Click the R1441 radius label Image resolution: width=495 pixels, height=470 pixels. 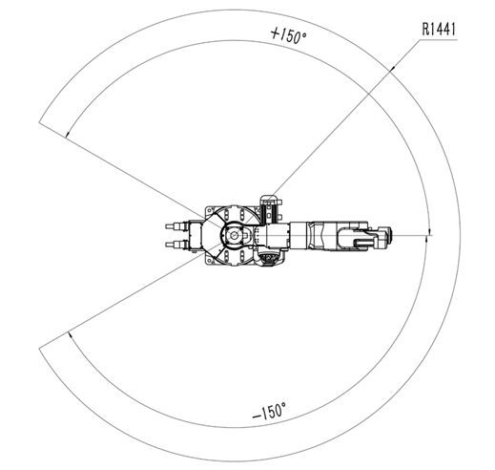(x=439, y=29)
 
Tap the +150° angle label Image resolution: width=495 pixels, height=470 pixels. (x=288, y=35)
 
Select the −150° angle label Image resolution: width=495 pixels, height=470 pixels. (x=269, y=411)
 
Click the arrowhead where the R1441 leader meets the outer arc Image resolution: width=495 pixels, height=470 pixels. (x=392, y=68)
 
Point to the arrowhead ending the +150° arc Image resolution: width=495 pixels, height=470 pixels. (x=67, y=134)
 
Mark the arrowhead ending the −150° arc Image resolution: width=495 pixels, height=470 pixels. (x=71, y=335)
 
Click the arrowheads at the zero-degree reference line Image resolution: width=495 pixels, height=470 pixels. (x=429, y=234)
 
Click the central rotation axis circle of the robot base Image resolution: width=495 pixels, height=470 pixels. (x=234, y=235)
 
